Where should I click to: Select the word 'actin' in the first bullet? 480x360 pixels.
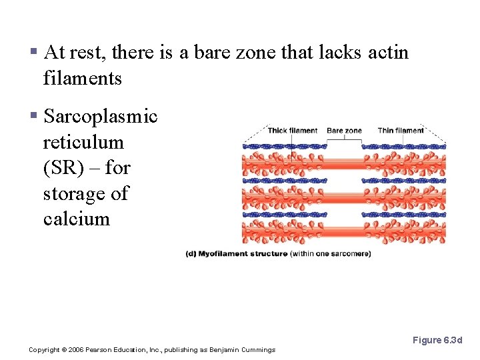click(388, 53)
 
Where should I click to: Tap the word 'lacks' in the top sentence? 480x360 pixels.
click(340, 53)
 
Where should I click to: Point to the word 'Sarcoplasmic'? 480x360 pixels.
click(100, 117)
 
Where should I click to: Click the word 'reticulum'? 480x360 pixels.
click(83, 143)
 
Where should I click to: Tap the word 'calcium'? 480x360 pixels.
click(76, 219)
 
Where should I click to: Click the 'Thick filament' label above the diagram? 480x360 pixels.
click(293, 131)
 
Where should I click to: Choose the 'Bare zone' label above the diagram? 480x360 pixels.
click(344, 131)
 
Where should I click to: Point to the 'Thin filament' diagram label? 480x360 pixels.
click(401, 131)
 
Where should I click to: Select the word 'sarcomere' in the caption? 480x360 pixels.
click(351, 254)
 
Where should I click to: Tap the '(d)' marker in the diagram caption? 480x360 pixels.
click(191, 254)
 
